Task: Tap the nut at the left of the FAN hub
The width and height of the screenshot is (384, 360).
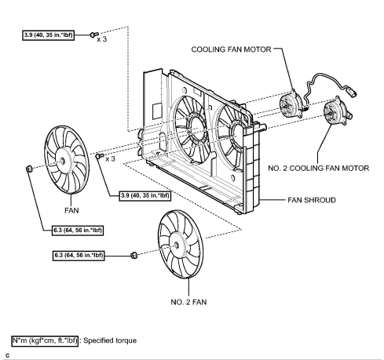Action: [x=28, y=168]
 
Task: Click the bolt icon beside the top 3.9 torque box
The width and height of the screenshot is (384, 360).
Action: [x=92, y=35]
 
